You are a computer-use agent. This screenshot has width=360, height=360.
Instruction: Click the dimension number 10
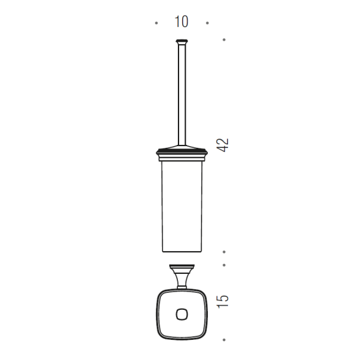(x=182, y=21)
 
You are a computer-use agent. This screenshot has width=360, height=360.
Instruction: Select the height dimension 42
(x=222, y=145)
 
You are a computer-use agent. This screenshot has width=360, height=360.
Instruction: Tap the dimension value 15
(x=222, y=301)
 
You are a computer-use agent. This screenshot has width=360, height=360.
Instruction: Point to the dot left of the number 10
(x=156, y=23)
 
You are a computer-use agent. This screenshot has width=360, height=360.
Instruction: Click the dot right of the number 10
(x=207, y=23)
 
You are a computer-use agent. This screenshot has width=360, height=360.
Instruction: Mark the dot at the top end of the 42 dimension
(x=224, y=40)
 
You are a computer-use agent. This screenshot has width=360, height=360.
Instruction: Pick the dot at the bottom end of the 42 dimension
(x=224, y=252)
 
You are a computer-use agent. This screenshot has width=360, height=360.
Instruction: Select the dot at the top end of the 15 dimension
(x=224, y=265)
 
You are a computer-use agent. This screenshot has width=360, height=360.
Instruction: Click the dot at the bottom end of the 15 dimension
(x=224, y=340)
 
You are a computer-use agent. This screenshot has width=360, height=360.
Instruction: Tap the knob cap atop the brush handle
(x=182, y=42)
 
